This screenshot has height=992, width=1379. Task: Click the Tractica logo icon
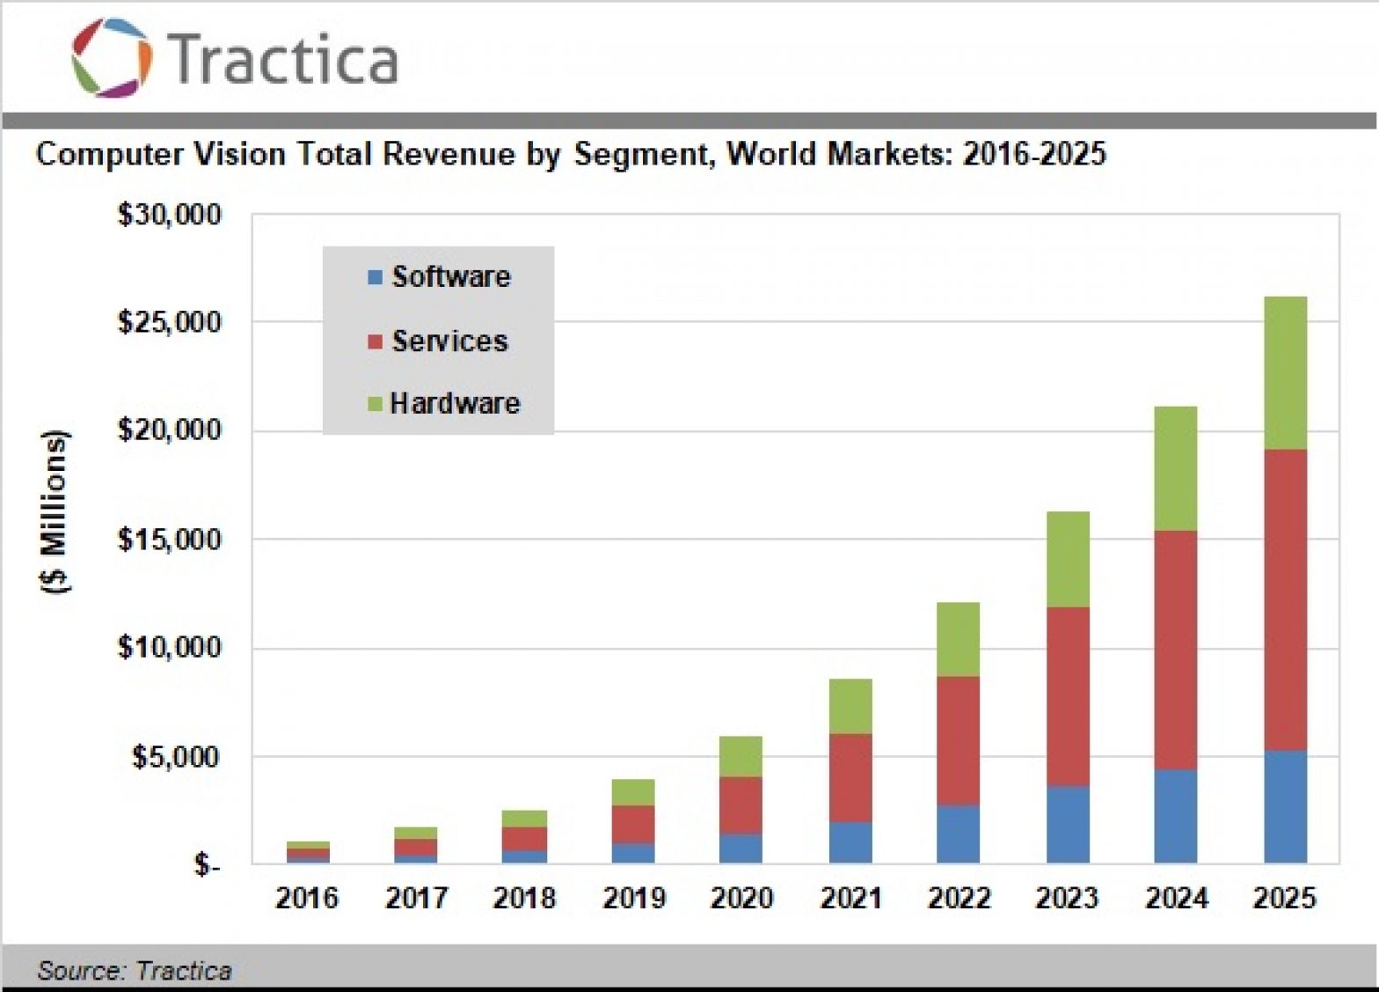click(112, 57)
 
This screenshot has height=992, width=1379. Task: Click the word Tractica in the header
click(282, 59)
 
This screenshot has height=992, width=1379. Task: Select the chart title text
click(570, 154)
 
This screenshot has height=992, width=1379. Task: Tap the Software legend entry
click(439, 277)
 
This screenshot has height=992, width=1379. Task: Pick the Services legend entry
click(438, 341)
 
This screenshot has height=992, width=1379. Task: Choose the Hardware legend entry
click(444, 403)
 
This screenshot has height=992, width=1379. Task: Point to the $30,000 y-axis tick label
click(169, 215)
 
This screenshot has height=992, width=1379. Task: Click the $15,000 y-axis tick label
click(169, 539)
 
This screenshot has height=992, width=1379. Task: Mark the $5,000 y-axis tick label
click(176, 756)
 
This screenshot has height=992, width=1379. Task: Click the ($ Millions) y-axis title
click(55, 512)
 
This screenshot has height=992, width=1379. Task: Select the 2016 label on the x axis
click(306, 898)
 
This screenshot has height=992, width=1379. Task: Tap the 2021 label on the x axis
click(850, 898)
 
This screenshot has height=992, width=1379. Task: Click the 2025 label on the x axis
click(1284, 898)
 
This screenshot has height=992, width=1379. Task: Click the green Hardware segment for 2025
click(1285, 373)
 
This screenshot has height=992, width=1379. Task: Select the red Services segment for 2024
click(1176, 650)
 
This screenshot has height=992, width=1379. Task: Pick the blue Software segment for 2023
click(1068, 824)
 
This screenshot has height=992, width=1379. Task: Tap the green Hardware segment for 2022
click(958, 639)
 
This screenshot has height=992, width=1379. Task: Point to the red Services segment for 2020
click(741, 805)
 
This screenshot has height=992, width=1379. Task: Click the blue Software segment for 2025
click(1285, 806)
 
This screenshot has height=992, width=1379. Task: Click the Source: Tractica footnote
click(135, 970)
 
